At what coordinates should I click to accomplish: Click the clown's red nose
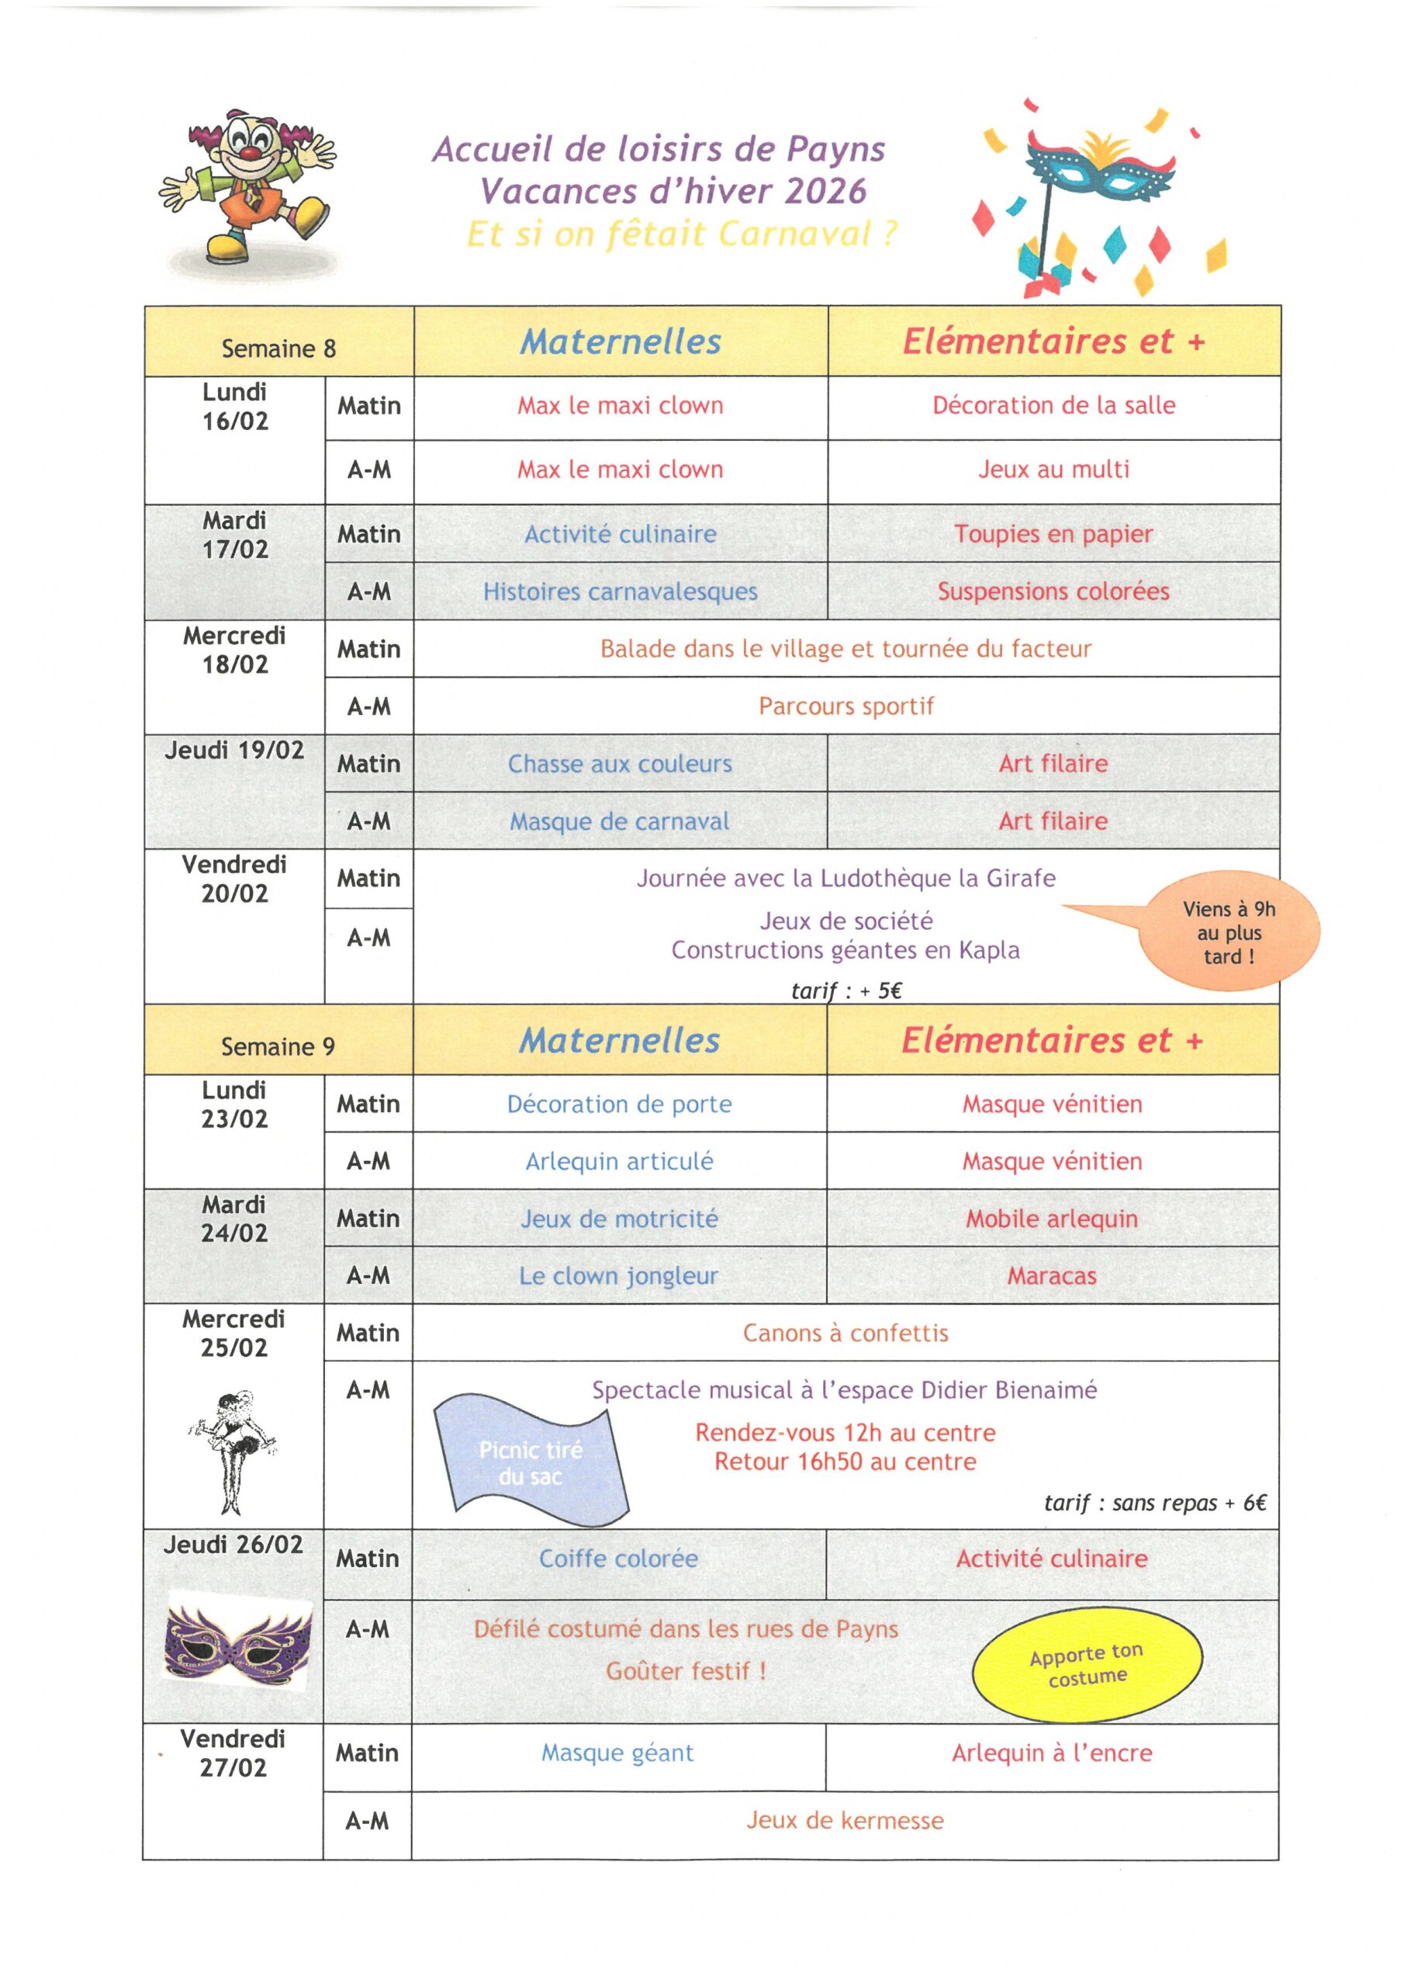coord(250,153)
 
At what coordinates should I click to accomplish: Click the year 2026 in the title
coord(825,191)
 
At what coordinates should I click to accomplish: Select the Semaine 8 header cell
coord(278,348)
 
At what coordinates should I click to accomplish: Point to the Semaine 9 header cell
coord(278,1046)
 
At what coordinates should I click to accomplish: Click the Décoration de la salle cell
coord(1053,405)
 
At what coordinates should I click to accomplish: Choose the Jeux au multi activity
coord(1053,469)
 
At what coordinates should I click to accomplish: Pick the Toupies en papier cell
coord(1053,533)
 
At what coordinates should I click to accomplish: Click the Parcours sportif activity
coord(846,706)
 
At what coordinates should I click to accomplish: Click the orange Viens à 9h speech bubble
coord(1229,932)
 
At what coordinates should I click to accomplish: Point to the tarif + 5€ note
coord(846,991)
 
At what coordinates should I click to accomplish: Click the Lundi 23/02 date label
coord(234,1104)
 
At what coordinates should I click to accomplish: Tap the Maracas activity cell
coord(1051,1275)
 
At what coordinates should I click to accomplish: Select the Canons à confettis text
coord(846,1333)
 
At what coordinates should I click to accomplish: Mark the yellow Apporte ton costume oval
coord(1087,1665)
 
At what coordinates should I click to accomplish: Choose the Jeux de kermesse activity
coord(844,1821)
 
